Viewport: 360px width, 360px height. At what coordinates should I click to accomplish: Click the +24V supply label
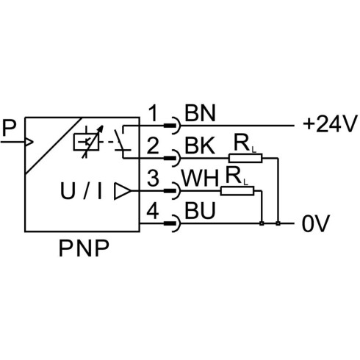tap(329, 124)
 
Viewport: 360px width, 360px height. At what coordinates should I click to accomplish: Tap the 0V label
tap(316, 223)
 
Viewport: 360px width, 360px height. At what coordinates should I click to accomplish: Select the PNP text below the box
tap(84, 248)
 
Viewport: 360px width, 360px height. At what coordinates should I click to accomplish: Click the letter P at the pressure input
tap(9, 128)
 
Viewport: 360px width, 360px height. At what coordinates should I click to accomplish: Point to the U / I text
tap(81, 191)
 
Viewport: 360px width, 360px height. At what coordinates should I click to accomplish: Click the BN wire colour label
tap(200, 113)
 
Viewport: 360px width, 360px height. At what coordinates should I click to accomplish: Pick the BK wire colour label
tap(200, 145)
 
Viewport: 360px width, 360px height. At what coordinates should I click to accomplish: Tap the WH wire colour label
tap(200, 178)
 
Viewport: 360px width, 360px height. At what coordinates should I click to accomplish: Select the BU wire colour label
tap(200, 210)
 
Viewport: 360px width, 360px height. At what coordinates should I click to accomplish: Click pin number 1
tap(154, 113)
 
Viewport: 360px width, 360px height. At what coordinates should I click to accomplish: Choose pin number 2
tap(153, 145)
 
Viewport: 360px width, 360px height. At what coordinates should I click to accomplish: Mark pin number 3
tap(153, 178)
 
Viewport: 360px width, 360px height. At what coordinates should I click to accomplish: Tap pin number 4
tap(153, 210)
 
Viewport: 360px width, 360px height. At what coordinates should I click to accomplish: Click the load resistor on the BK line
tap(245, 158)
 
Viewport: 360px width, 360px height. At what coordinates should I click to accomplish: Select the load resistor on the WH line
tap(237, 191)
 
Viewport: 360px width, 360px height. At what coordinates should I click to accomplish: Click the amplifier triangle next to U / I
tap(123, 191)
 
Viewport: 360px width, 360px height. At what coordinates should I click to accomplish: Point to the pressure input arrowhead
tap(29, 142)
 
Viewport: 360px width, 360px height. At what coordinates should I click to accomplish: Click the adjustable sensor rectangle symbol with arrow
tap(87, 142)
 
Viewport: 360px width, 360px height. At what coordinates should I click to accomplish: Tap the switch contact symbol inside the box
tap(123, 141)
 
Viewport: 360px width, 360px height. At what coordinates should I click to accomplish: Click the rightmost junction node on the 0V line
tap(278, 223)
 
